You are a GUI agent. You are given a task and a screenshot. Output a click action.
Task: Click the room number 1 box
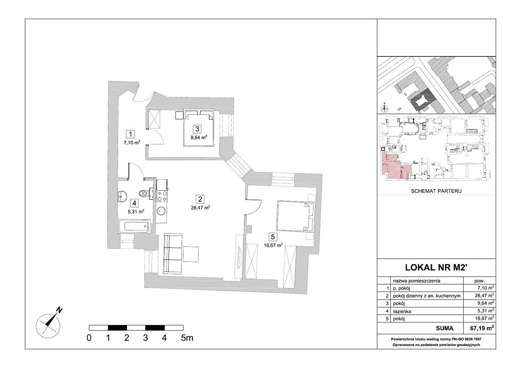[x=131, y=134]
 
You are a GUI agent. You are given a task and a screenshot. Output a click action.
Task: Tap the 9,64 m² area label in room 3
[x=199, y=137]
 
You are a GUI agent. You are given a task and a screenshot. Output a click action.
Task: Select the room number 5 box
[x=273, y=237]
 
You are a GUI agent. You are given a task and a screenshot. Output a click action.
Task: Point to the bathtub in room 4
[x=134, y=226]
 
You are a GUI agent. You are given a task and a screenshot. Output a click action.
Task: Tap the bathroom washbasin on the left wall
[x=122, y=196]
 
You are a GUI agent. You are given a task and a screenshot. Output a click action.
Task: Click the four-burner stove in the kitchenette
[x=162, y=196]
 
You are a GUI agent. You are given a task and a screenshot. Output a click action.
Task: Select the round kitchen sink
[x=161, y=211]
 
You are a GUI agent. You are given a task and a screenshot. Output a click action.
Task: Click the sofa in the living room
[x=173, y=254]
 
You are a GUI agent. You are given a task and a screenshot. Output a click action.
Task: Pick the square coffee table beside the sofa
[x=191, y=254]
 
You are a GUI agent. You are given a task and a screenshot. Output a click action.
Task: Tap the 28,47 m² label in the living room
[x=201, y=208]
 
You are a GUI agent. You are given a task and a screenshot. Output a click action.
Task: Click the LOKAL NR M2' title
[x=436, y=268]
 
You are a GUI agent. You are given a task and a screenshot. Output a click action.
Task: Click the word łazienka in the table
[x=402, y=311]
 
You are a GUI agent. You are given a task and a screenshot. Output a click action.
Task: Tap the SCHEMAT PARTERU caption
[x=436, y=191]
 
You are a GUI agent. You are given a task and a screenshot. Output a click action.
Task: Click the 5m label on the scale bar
[x=187, y=338]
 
